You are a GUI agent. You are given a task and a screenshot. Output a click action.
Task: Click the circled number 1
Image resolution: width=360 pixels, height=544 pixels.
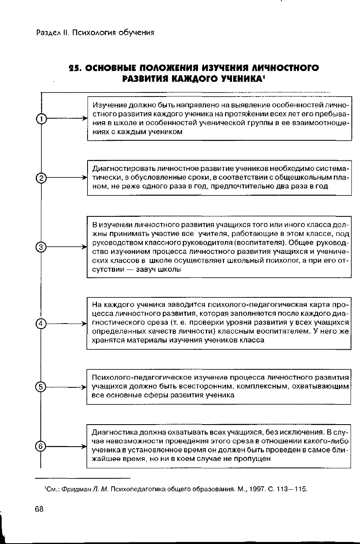click(x=41, y=119)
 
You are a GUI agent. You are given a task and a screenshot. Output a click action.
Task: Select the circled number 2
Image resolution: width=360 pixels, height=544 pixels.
click(x=41, y=178)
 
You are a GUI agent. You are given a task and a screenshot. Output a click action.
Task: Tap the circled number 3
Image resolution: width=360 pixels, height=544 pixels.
click(x=41, y=247)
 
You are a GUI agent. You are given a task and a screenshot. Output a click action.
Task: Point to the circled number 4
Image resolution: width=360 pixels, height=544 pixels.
click(x=41, y=324)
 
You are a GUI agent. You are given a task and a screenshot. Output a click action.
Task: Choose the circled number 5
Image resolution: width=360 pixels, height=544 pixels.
click(x=41, y=387)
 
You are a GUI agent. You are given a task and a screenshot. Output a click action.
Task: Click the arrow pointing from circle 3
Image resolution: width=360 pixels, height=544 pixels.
click(x=65, y=247)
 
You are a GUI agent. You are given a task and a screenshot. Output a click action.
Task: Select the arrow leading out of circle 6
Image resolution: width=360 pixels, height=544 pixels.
click(x=65, y=447)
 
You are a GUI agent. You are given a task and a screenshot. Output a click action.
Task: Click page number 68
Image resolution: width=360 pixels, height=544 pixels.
click(x=39, y=509)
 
